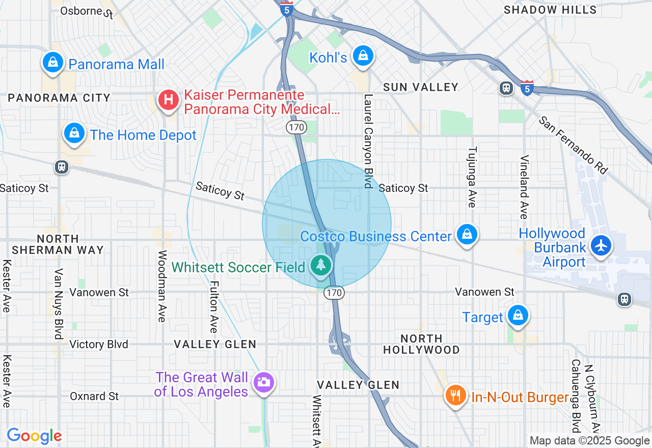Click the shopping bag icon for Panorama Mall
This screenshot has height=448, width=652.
pos(52,62)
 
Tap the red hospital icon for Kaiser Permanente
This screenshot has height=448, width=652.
pos(168,100)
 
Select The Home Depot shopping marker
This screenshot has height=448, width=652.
pos(74,133)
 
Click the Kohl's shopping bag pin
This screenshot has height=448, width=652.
pos(363,55)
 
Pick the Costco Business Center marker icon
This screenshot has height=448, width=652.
pos(467,235)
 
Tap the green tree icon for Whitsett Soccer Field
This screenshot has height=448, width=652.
pos(320,265)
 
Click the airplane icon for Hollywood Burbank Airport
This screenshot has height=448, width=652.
pos(602,245)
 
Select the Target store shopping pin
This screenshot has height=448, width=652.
pos(518,315)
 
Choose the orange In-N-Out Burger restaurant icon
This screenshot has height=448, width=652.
pos(455,396)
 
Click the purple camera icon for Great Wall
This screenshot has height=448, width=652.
pos(263,382)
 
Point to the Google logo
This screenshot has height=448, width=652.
pos(34,436)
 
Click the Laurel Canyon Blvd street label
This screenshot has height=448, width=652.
pos(368,141)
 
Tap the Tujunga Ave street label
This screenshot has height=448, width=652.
pos(472,177)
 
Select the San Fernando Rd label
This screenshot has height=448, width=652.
pos(574,145)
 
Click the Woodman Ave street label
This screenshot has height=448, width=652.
pos(162,286)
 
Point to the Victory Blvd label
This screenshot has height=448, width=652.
pos(99,344)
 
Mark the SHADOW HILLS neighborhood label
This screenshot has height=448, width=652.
pos(550,10)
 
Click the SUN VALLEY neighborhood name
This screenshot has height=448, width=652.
pos(421,87)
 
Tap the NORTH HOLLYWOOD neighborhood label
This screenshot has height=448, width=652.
pos(421,344)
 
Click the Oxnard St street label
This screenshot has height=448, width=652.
pos(94,396)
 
